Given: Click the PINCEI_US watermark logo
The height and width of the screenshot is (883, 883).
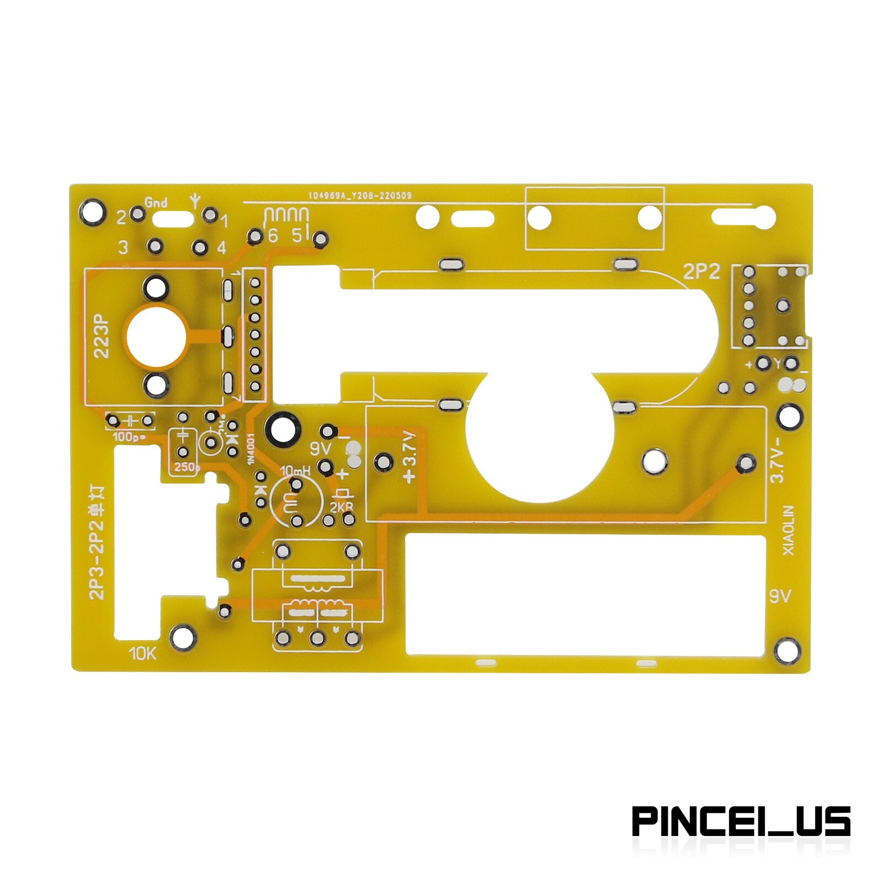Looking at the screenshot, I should click(x=741, y=822).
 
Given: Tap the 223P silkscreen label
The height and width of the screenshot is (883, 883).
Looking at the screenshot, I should click(x=103, y=337).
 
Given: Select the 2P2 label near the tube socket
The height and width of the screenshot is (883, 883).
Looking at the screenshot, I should click(x=701, y=272).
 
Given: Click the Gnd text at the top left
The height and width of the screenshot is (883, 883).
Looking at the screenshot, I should click(x=156, y=203).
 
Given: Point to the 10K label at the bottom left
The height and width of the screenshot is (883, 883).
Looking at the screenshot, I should click(x=143, y=655).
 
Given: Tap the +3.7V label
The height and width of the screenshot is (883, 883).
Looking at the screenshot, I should click(x=409, y=458).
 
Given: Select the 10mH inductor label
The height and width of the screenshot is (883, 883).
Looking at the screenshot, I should click(x=296, y=471).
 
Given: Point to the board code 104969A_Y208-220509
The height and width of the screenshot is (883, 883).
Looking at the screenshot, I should click(x=360, y=195).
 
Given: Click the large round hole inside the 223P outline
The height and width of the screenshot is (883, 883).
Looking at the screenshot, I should click(x=155, y=336).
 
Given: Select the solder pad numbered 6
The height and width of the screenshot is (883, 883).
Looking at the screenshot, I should click(x=255, y=237).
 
